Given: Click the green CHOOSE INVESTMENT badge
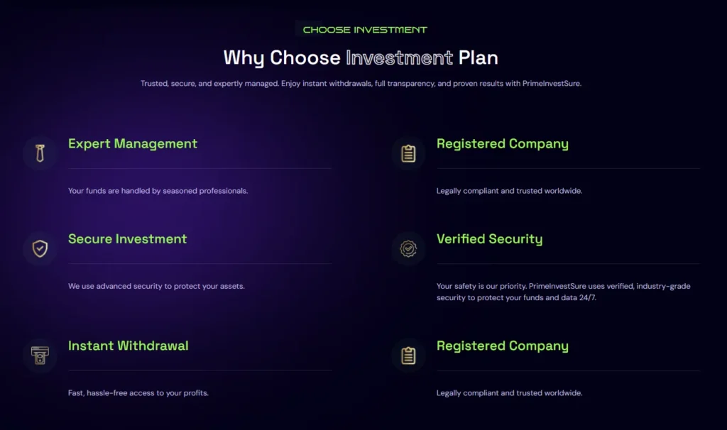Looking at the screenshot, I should (x=365, y=30).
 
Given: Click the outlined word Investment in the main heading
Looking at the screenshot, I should (x=399, y=57).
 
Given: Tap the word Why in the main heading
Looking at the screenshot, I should (x=244, y=57).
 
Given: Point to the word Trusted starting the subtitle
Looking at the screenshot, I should (x=154, y=84).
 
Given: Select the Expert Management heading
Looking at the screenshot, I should (x=133, y=144).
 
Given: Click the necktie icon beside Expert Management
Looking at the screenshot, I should (x=40, y=153).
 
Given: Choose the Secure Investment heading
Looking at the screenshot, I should (x=128, y=239).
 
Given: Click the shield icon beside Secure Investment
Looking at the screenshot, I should (x=40, y=248).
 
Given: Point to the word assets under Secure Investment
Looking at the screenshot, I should (x=230, y=287).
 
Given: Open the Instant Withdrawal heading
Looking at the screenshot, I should (x=129, y=346).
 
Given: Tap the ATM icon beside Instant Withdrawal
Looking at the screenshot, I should (x=40, y=355).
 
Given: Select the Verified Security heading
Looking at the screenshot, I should (x=490, y=239).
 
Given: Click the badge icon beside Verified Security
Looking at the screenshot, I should (x=408, y=248).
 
